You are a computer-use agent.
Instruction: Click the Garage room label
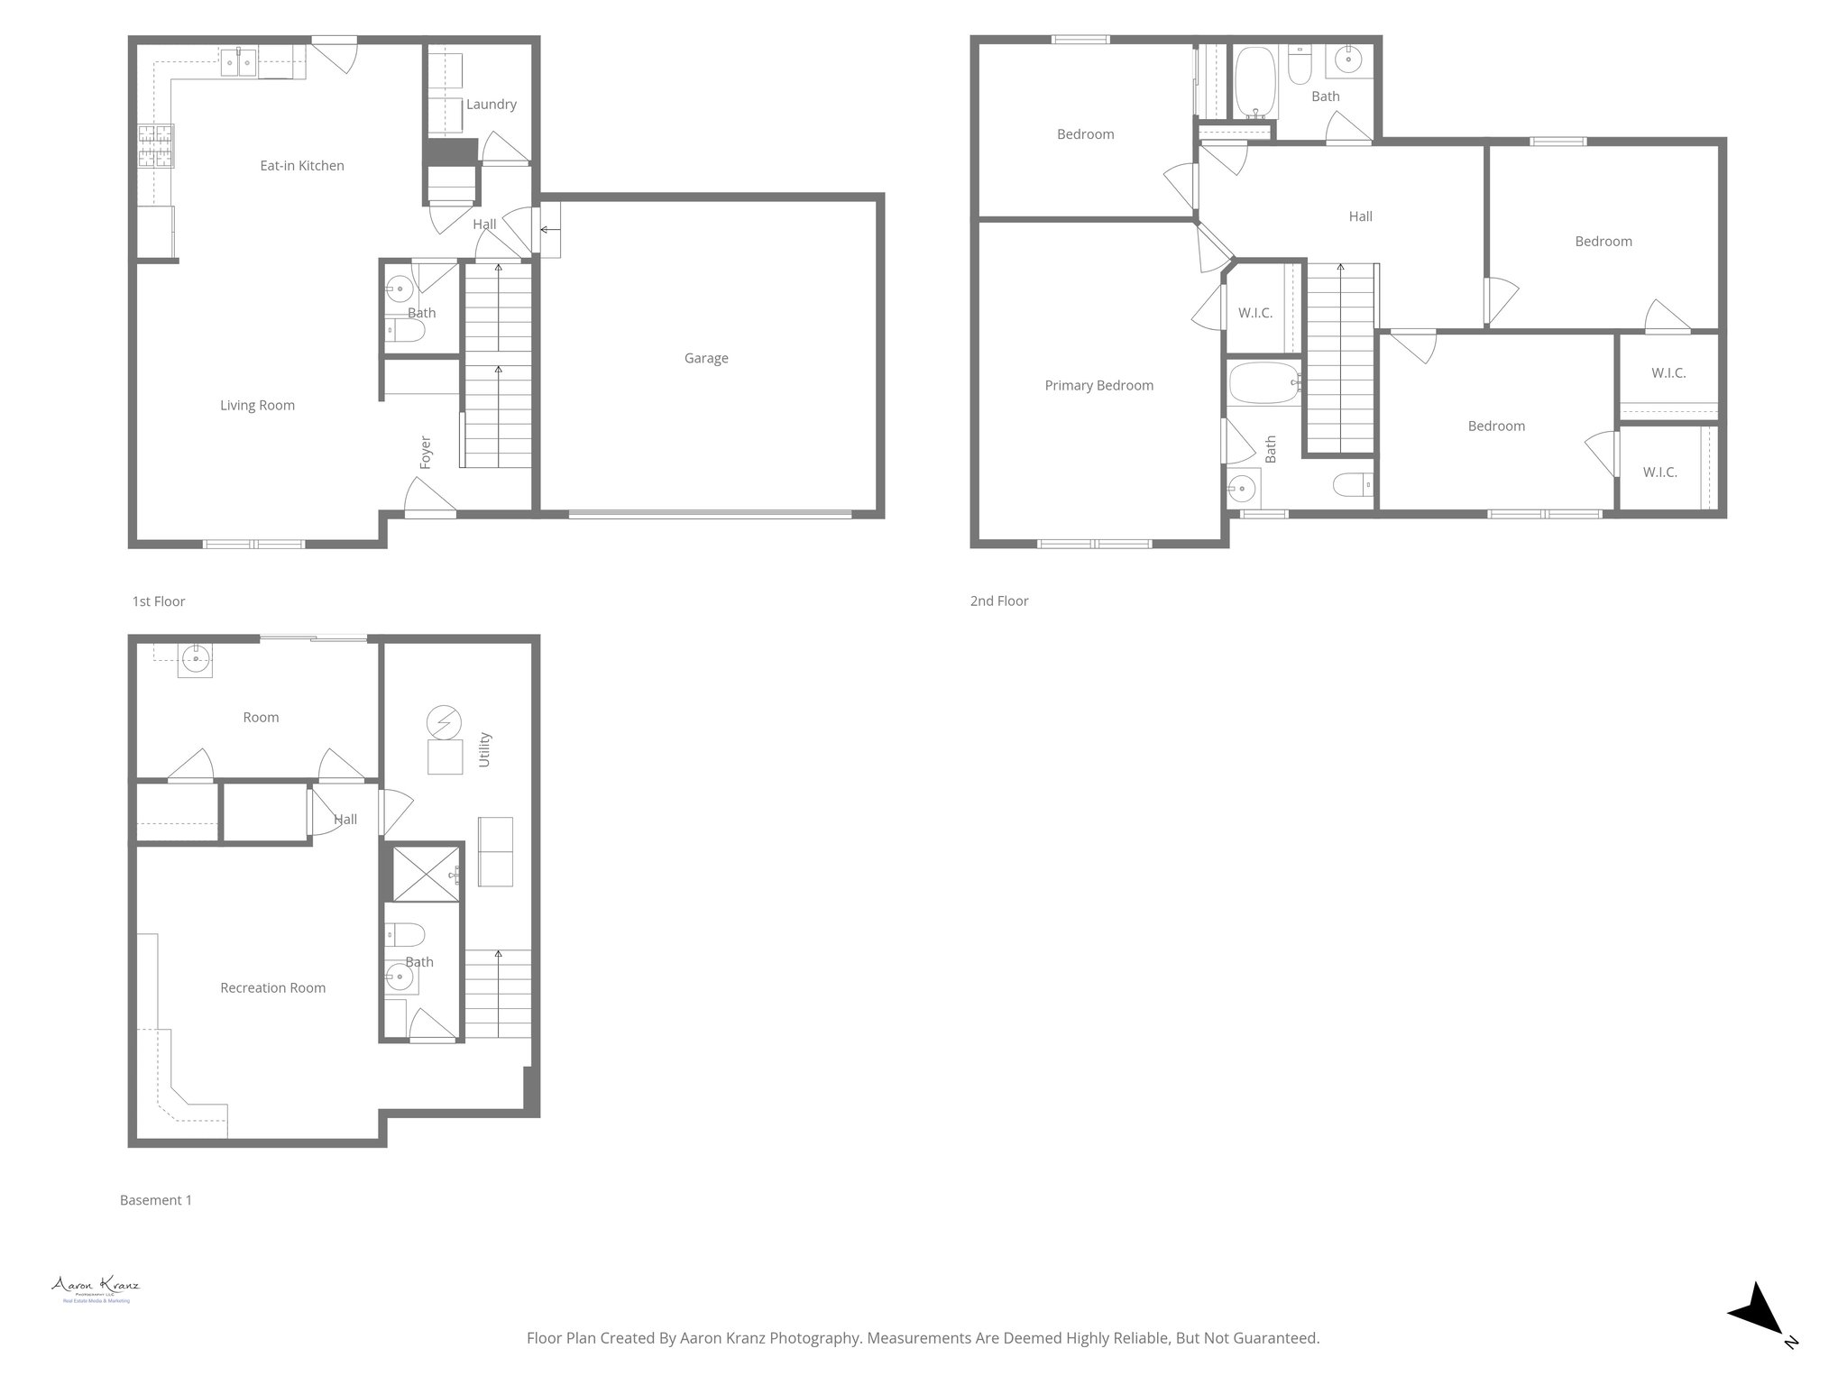(705, 358)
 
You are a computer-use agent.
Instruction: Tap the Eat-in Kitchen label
(301, 166)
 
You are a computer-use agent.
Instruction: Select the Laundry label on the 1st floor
(491, 105)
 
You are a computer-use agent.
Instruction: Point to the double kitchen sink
(239, 64)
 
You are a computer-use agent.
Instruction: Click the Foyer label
(426, 452)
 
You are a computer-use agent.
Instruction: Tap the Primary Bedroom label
(1098, 386)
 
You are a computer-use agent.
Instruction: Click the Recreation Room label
(272, 988)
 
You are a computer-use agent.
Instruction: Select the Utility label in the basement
(484, 750)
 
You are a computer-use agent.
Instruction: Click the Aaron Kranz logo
(96, 1288)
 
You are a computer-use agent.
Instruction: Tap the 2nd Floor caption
(998, 601)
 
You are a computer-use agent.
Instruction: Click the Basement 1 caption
(156, 1200)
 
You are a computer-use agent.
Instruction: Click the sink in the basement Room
(196, 660)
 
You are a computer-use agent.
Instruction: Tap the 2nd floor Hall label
(1360, 216)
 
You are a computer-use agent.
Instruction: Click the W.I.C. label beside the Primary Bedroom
(1254, 314)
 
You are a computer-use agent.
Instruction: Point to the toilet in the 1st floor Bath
(406, 331)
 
